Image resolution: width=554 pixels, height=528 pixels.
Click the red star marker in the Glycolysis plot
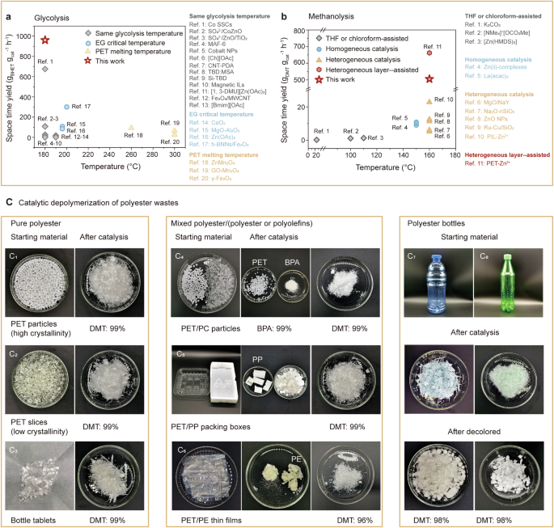coord(45,40)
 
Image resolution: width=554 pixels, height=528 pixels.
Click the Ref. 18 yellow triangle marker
coord(131,128)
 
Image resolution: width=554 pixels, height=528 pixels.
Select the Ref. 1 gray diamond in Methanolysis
coord(317,139)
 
